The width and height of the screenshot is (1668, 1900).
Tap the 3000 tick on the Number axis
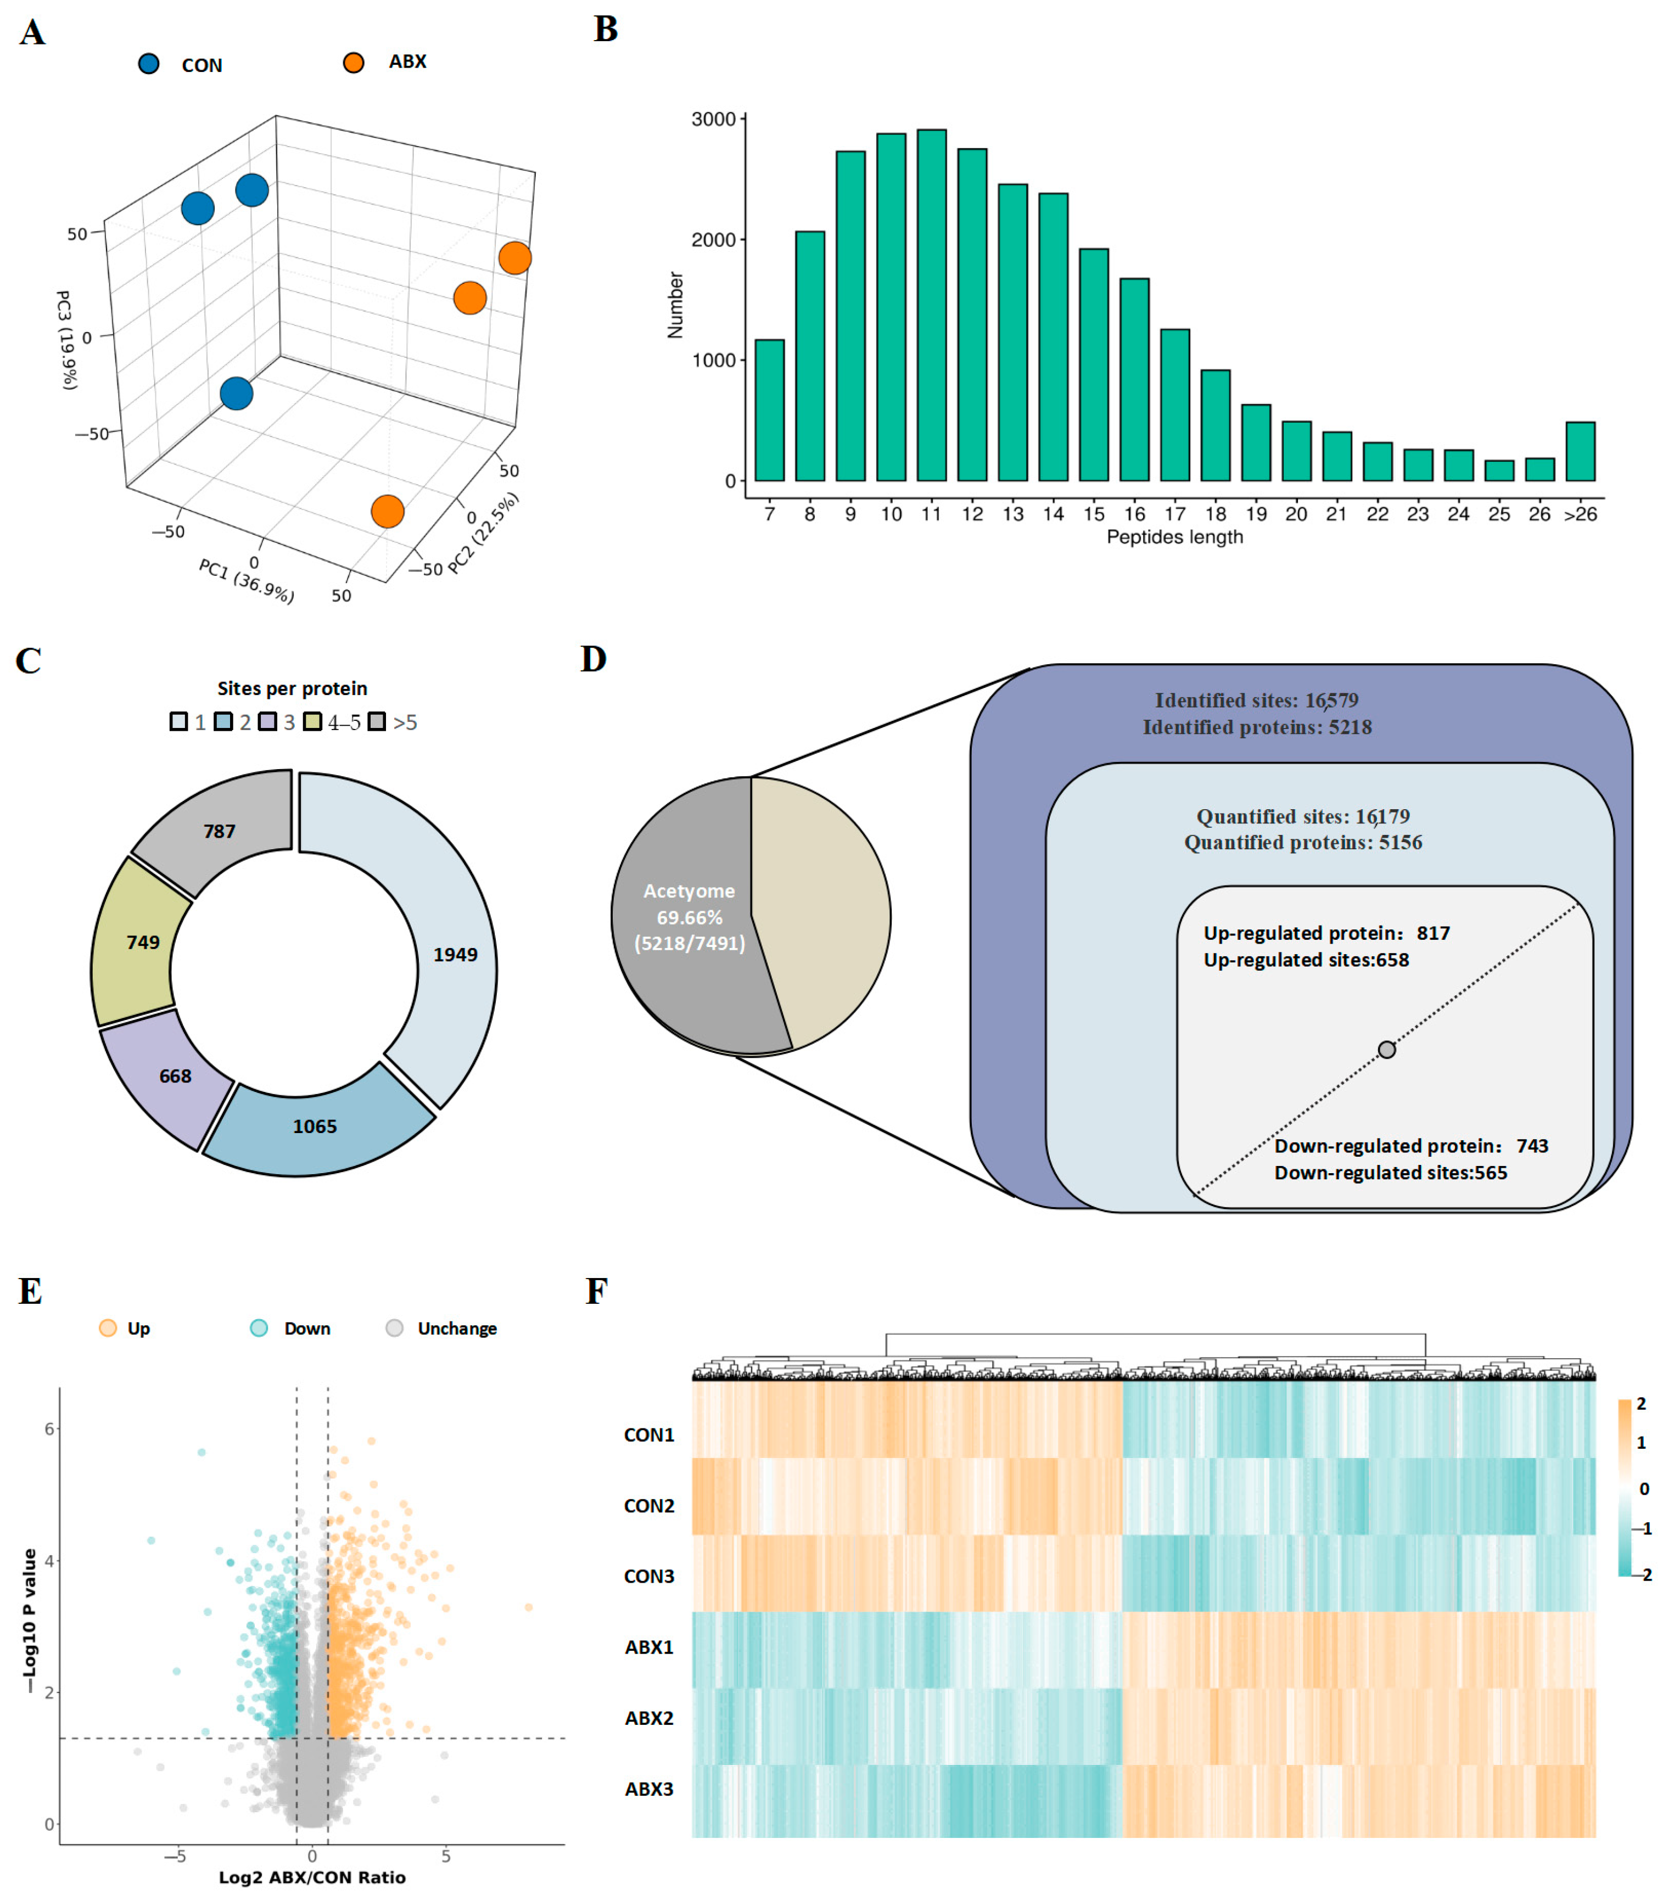point(713,119)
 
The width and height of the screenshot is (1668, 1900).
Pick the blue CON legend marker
point(149,63)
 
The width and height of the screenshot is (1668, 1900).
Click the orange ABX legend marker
point(354,62)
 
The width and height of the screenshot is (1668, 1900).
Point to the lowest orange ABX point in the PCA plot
point(387,511)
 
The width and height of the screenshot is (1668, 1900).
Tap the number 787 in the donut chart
point(220,831)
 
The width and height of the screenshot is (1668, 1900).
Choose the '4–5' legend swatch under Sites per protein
point(312,721)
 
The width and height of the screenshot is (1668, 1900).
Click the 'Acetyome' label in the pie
point(689,890)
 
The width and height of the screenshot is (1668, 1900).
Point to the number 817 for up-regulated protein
point(1433,932)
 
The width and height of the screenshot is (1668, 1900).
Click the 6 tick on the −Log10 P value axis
point(49,1429)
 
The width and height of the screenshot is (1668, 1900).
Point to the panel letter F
point(596,1291)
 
